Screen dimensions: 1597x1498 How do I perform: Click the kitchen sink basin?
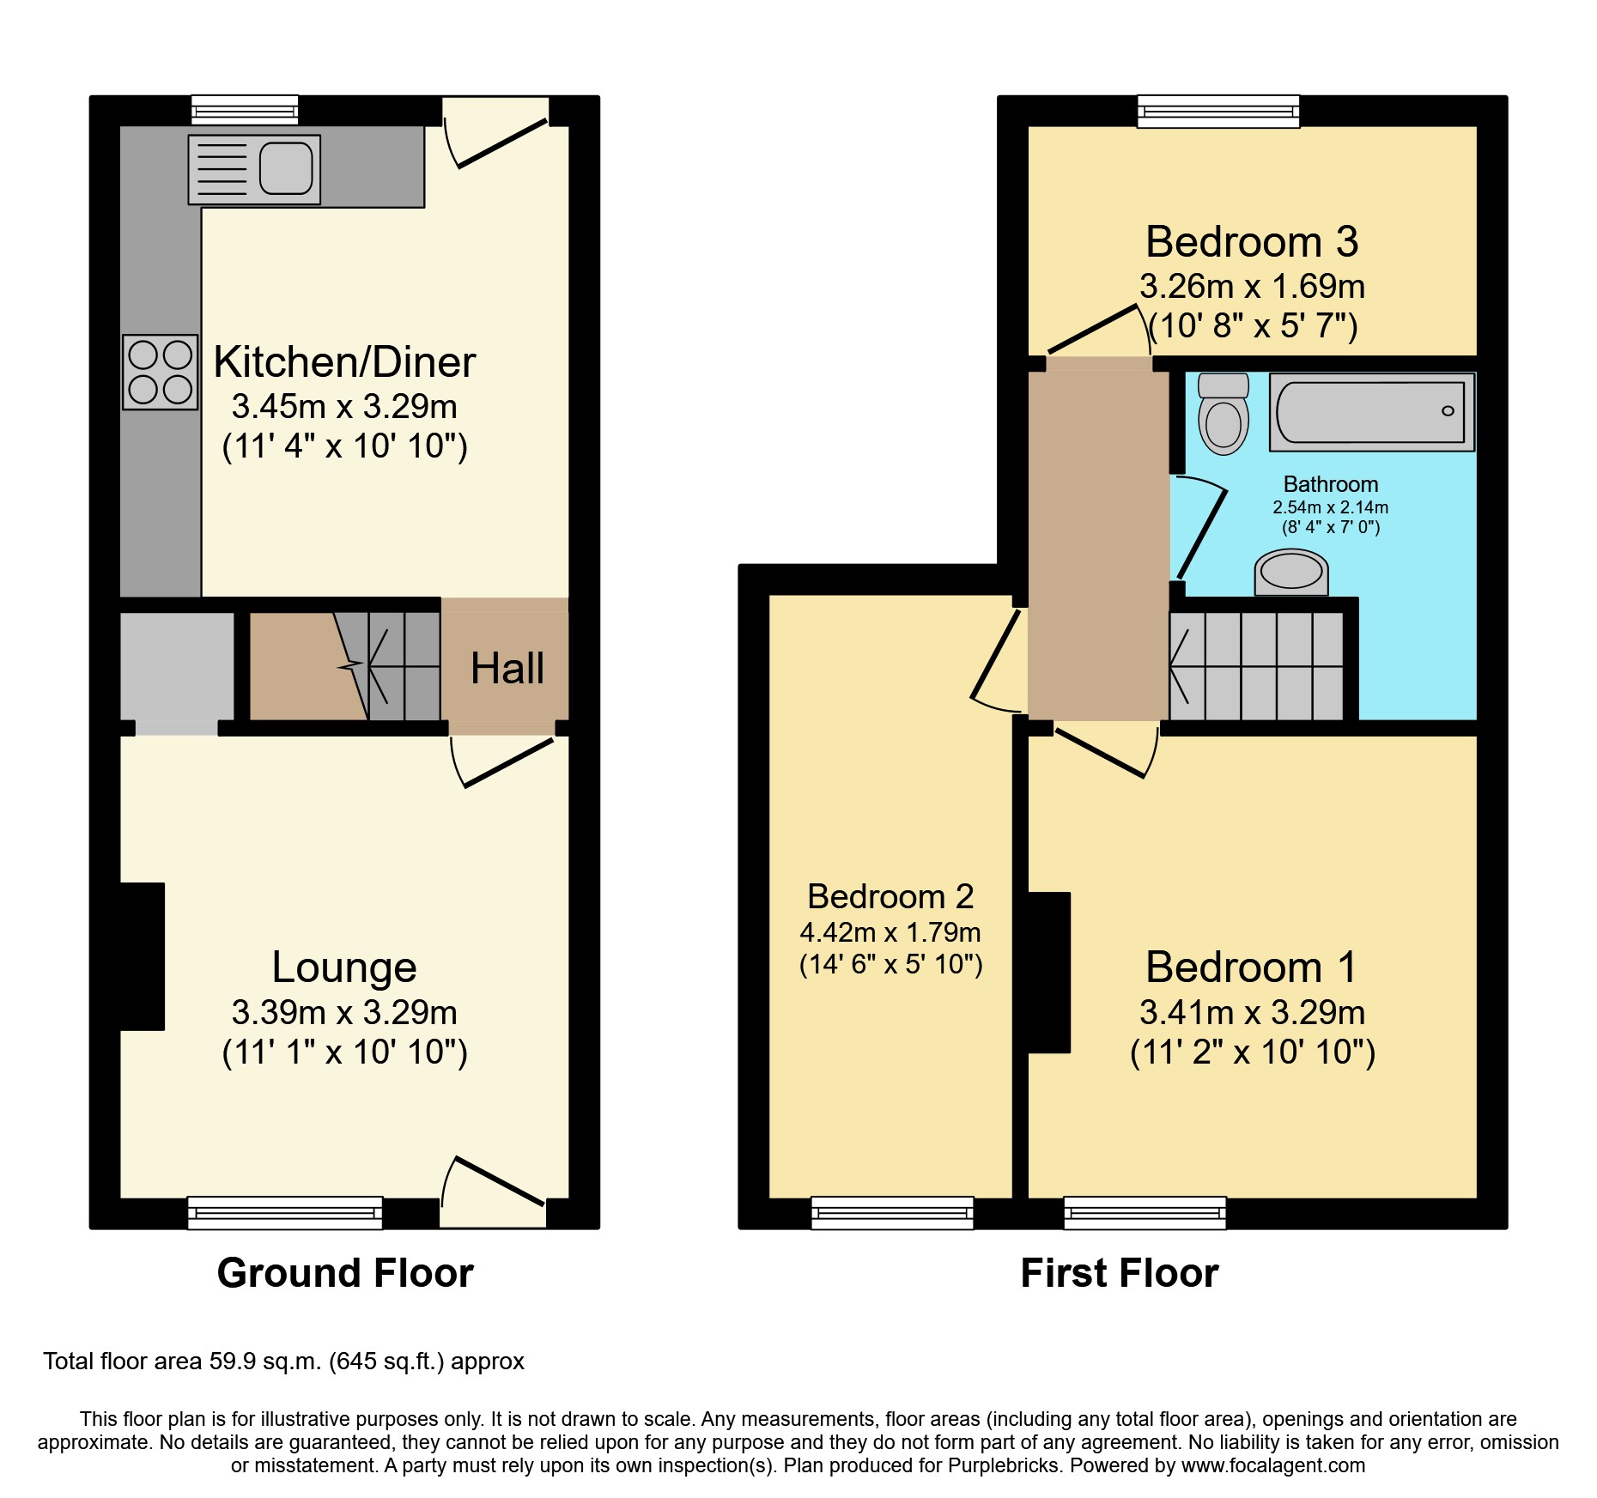[286, 168]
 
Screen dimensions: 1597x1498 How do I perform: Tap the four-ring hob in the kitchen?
[161, 372]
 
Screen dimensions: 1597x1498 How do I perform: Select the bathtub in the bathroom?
[1371, 412]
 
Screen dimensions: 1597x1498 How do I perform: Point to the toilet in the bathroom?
[1224, 415]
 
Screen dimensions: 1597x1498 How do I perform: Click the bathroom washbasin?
[1291, 572]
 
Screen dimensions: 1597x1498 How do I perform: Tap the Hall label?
[507, 669]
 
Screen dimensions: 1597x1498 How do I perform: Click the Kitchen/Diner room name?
[344, 362]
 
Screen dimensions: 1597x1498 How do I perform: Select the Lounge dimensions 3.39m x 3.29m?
[344, 1013]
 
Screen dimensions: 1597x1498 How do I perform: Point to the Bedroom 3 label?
[1252, 242]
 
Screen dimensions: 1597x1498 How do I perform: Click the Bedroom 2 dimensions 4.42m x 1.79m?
[890, 932]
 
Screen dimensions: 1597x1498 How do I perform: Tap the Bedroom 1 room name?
[1252, 967]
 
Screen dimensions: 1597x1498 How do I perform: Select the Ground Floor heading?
[345, 1273]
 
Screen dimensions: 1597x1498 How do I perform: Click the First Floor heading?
[1120, 1273]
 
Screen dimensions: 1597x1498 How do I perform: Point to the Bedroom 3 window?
[1218, 112]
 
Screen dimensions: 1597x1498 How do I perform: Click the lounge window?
[285, 1212]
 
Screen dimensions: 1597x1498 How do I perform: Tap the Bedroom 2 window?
[892, 1212]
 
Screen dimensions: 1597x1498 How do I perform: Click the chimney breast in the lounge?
[142, 956]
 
